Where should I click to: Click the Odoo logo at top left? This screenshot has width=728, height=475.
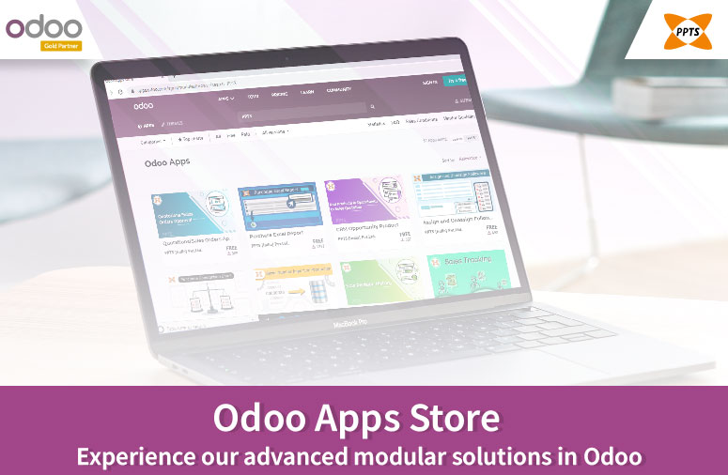click(44, 25)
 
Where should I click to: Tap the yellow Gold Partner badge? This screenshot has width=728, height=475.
click(60, 45)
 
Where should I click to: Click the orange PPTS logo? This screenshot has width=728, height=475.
click(679, 28)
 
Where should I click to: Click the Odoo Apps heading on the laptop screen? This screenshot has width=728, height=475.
click(167, 161)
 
